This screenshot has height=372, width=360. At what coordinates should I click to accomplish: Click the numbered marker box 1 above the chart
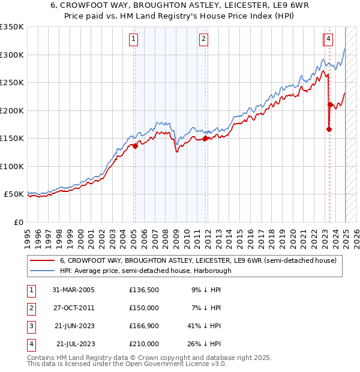point(133,40)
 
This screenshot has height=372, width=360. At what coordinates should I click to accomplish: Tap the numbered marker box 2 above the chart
point(204,40)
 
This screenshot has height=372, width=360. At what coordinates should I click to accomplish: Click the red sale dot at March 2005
point(135,146)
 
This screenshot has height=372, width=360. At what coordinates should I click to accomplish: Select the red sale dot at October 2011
point(205,138)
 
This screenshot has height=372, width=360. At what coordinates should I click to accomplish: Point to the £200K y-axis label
point(11,110)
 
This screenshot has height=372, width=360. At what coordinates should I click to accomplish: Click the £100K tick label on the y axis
point(11,166)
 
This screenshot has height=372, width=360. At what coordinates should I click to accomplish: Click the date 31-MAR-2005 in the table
point(73,290)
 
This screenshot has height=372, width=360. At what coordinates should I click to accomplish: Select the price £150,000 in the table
point(144,308)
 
